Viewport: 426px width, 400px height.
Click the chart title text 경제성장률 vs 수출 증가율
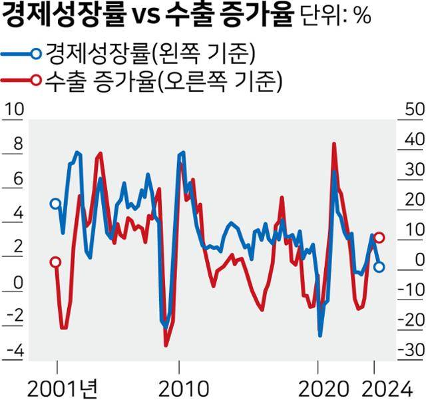[x=148, y=15]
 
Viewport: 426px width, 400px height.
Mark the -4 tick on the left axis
[x=15, y=350]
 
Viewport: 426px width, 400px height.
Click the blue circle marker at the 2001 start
[x=55, y=204]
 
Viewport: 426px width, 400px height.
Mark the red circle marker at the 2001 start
[x=55, y=262]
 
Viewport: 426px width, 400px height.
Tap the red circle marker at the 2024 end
[x=379, y=238]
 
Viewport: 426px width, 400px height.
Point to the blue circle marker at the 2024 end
[x=379, y=267]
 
